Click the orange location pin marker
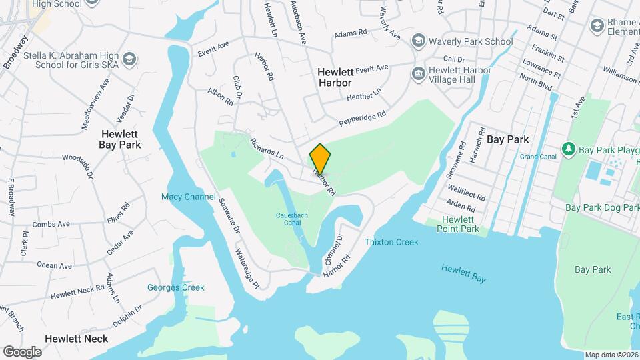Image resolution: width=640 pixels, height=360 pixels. point(320,159)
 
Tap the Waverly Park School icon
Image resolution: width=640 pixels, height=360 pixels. point(418,41)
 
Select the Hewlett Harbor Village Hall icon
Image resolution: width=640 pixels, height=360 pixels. point(418,71)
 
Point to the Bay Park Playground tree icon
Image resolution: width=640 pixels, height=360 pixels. point(569,147)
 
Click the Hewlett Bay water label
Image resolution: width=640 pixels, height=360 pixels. point(463,272)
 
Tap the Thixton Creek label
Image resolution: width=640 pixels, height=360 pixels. point(391,242)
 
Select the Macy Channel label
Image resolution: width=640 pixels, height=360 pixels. point(189,197)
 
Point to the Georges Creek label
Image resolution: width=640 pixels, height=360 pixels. point(176,287)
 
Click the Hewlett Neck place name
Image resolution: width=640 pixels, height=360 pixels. point(76,338)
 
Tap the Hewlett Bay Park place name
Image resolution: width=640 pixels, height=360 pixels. point(120,139)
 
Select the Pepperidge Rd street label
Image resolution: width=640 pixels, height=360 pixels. point(363,118)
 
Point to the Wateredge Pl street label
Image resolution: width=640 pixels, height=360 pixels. point(246,268)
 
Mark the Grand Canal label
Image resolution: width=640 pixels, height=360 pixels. point(538,157)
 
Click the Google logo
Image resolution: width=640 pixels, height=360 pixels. point(22,351)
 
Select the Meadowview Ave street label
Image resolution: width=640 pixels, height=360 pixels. point(95,105)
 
